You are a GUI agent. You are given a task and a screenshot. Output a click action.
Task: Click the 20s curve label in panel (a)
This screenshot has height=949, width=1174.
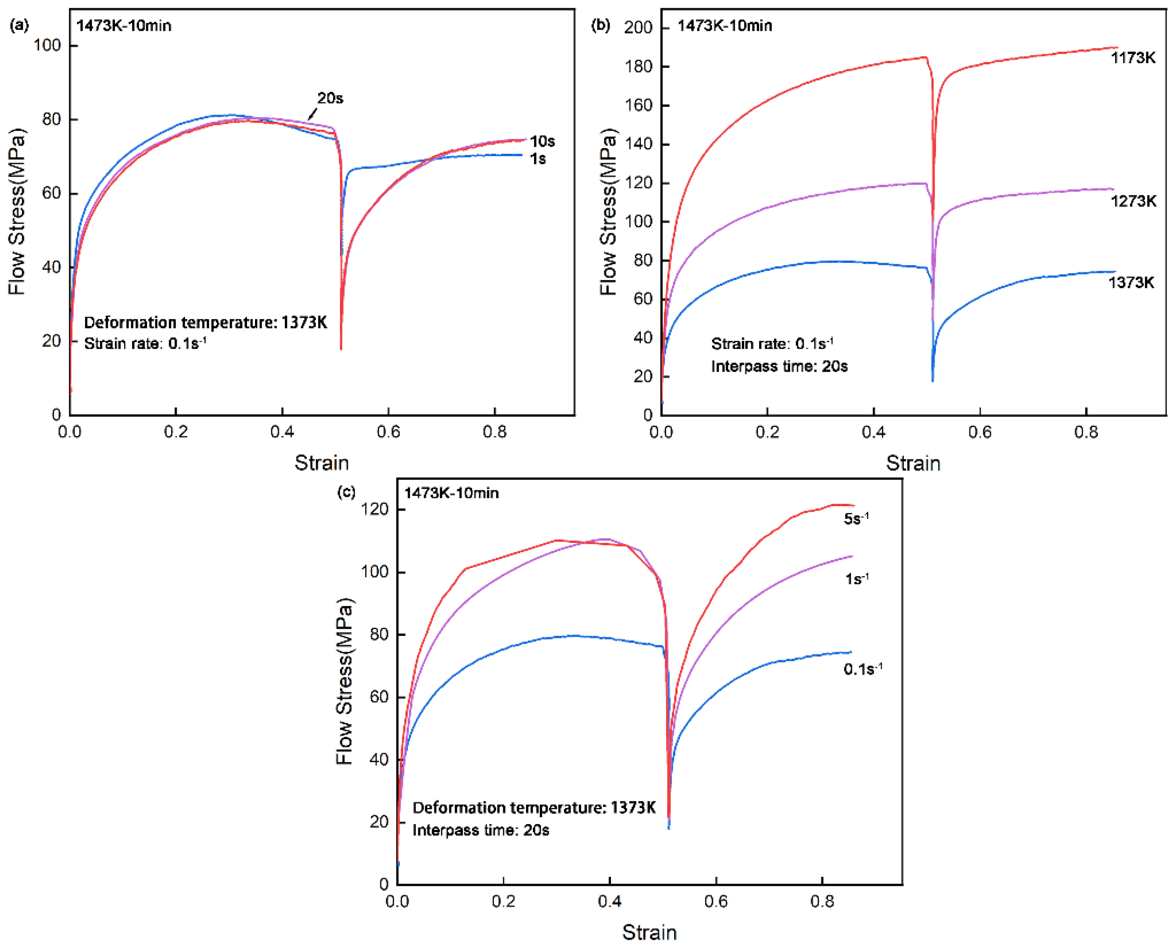(330, 98)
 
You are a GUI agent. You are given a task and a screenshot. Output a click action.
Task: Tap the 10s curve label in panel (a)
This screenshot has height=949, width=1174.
(542, 141)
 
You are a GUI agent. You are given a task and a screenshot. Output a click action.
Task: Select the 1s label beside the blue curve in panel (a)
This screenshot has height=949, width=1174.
(538, 159)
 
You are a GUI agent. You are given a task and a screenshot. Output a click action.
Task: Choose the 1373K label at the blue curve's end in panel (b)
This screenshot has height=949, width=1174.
(1131, 283)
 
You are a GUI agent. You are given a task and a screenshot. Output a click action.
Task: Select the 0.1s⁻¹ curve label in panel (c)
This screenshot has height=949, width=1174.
(863, 669)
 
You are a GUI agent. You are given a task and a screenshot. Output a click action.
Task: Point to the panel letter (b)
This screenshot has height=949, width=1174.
(600, 25)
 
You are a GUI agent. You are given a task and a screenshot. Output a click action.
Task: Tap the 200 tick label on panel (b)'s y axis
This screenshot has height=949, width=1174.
(638, 27)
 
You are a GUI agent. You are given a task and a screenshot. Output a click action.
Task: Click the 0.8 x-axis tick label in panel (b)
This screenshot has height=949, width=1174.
(1086, 432)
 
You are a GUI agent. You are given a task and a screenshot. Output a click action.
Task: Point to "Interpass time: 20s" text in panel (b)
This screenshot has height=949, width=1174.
(779, 366)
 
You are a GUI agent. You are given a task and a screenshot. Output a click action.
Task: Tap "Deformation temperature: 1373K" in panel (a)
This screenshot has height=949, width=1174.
(205, 322)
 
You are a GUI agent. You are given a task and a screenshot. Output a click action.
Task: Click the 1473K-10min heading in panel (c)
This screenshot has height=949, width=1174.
(451, 493)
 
